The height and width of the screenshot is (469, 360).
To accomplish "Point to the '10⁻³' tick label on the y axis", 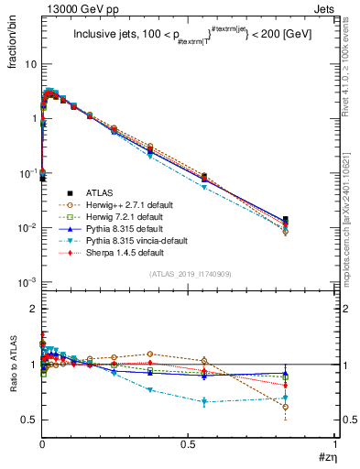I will [27, 281].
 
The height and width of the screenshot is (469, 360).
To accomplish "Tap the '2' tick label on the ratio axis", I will [33, 309].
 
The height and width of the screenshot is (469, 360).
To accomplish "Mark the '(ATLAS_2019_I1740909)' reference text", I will [188, 274].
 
